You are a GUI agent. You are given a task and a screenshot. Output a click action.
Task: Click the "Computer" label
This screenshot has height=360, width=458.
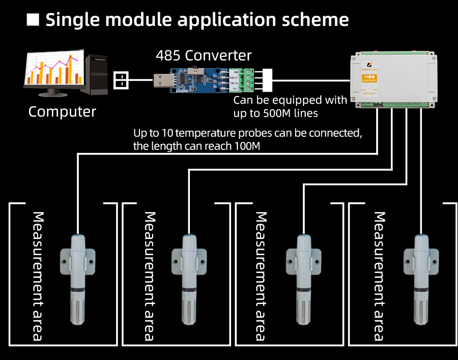tap(62, 112)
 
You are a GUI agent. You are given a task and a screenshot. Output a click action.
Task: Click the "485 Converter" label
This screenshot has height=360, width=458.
tap(204, 55)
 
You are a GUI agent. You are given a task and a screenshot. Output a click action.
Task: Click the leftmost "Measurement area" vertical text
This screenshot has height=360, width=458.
tap(37, 276)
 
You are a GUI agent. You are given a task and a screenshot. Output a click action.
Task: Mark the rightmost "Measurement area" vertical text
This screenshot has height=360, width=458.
tap(379, 276)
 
